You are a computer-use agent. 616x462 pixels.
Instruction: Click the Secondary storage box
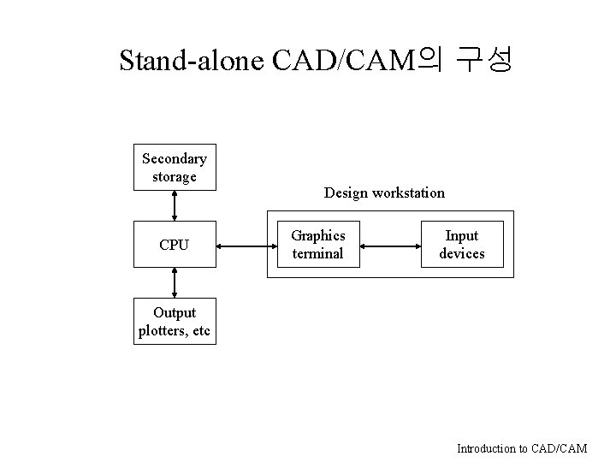pos(175,167)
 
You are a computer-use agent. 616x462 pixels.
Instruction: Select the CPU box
pos(175,245)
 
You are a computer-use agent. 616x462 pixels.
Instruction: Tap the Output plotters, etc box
pos(175,322)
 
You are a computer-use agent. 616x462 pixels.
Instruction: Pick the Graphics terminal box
pos(317,245)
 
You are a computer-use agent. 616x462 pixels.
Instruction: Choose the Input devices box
pos(462,245)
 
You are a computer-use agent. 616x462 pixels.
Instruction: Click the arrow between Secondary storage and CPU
pos(175,205)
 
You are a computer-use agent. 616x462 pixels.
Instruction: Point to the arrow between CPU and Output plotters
pos(175,282)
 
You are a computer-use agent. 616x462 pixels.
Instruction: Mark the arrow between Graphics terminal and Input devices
pos(389,246)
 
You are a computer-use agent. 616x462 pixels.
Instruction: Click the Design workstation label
pos(384,192)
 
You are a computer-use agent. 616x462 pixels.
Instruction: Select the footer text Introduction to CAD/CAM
pos(522,448)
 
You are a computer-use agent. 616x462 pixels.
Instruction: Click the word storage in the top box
pos(175,176)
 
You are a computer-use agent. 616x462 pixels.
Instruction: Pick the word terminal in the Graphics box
pos(317,253)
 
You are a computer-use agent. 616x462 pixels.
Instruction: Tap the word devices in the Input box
pos(462,253)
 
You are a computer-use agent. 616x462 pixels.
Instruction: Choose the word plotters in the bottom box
pos(163,331)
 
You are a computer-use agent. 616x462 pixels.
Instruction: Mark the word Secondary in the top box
pos(175,158)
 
